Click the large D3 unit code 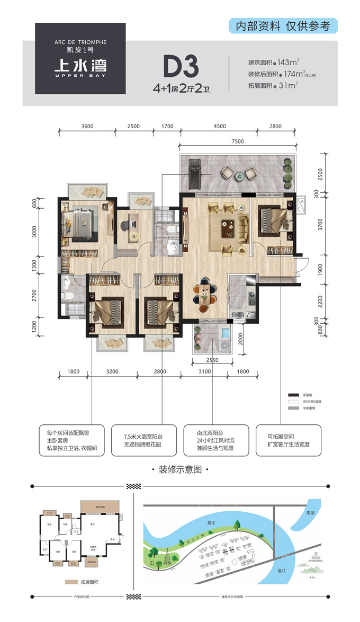click(181, 67)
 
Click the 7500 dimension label click(238, 141)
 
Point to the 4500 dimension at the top click(219, 126)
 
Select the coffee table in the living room click(228, 229)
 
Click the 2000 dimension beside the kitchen click(241, 338)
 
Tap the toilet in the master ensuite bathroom click(66, 283)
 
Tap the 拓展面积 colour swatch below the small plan click(73, 582)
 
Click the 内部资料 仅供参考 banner click(283, 26)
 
